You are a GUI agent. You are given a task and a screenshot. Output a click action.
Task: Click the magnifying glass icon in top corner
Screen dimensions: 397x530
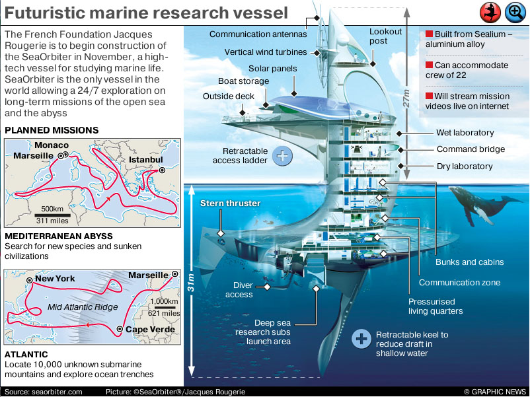point(515,12)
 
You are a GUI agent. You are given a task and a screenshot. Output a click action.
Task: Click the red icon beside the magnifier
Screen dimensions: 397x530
point(490,12)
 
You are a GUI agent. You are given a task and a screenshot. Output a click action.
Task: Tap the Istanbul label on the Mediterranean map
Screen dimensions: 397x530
point(145,161)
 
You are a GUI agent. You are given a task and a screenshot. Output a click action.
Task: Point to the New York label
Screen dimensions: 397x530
point(55,279)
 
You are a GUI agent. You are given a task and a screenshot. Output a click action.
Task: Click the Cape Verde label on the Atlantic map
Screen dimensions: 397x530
point(151,329)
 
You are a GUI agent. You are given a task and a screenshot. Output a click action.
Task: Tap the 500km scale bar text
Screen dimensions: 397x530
point(52,209)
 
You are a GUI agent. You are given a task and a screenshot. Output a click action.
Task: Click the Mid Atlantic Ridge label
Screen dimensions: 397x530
point(79,308)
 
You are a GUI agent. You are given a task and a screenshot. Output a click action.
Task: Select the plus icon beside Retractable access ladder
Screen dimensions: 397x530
point(282,156)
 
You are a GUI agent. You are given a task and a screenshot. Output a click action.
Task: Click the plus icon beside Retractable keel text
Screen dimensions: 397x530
point(361,340)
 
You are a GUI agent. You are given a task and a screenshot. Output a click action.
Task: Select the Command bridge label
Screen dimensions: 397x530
point(471,150)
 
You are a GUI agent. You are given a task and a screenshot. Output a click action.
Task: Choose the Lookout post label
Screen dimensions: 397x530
point(385,36)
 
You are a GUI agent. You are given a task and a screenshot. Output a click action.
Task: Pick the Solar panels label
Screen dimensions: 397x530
point(272,69)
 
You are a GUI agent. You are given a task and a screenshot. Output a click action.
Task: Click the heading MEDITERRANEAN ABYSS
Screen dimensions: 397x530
point(59,236)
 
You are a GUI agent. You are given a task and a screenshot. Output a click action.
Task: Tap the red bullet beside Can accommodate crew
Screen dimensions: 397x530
point(429,65)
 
